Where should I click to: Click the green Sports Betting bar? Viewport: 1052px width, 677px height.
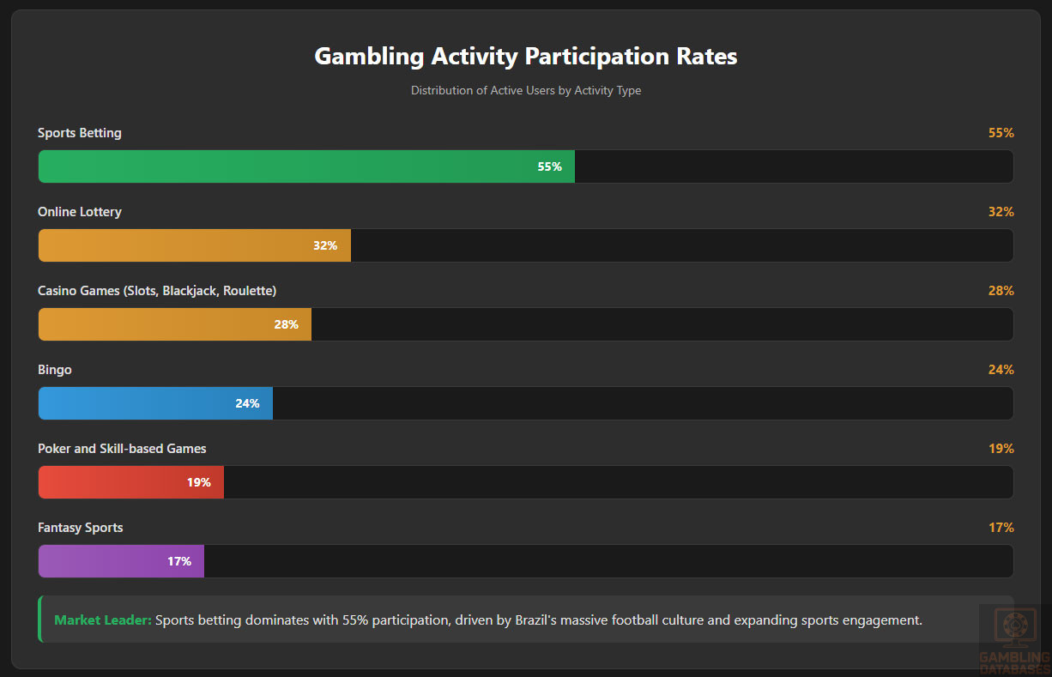(305, 166)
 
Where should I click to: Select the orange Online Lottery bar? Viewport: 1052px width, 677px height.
(194, 245)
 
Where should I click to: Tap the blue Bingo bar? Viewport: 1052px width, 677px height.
(154, 403)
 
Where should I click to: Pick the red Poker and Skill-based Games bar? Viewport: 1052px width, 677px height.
(130, 482)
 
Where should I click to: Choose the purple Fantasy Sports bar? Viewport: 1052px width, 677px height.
(120, 561)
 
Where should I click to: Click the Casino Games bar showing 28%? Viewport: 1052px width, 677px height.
(174, 324)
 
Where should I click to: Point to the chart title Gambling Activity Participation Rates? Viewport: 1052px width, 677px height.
(526, 57)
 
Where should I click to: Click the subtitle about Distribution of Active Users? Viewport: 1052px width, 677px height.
(526, 90)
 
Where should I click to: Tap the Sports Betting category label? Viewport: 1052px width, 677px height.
(80, 133)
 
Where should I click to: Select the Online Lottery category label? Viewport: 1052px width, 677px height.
(80, 212)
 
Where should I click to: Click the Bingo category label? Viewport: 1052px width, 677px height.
(55, 370)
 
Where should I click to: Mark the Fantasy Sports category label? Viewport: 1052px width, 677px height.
(81, 528)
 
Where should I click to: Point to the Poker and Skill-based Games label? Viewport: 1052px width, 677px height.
(122, 449)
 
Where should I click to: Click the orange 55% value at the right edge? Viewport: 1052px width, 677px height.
(1001, 133)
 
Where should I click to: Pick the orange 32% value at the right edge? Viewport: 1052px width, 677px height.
(1001, 212)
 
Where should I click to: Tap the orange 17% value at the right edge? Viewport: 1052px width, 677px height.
(1001, 528)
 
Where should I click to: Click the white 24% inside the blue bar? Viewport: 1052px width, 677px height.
(247, 403)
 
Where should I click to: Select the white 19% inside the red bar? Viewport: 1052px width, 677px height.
(198, 482)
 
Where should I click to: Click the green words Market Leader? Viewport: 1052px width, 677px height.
(103, 620)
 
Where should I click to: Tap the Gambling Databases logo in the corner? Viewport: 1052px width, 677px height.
(1014, 640)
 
